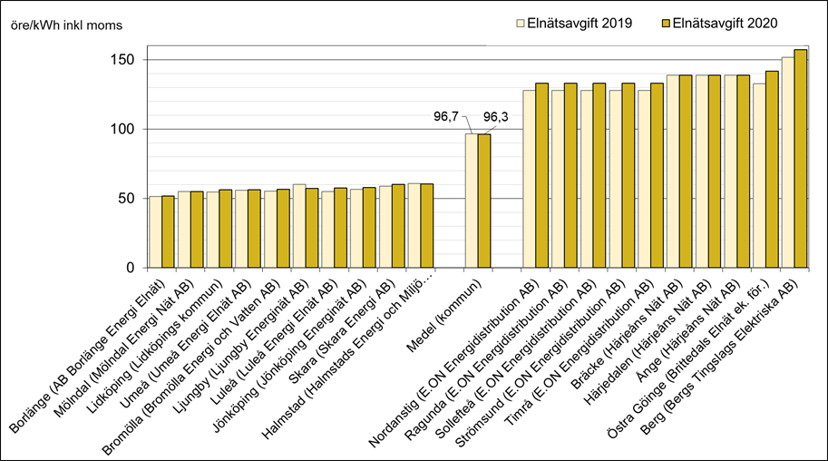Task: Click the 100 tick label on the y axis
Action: tap(124, 129)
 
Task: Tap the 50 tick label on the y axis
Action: tap(128, 199)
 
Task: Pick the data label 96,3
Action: tap(496, 116)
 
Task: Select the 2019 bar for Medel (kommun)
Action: tap(472, 201)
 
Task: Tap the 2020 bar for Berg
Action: tap(800, 159)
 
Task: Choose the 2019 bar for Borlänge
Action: tap(155, 232)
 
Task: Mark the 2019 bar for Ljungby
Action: tap(299, 226)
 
